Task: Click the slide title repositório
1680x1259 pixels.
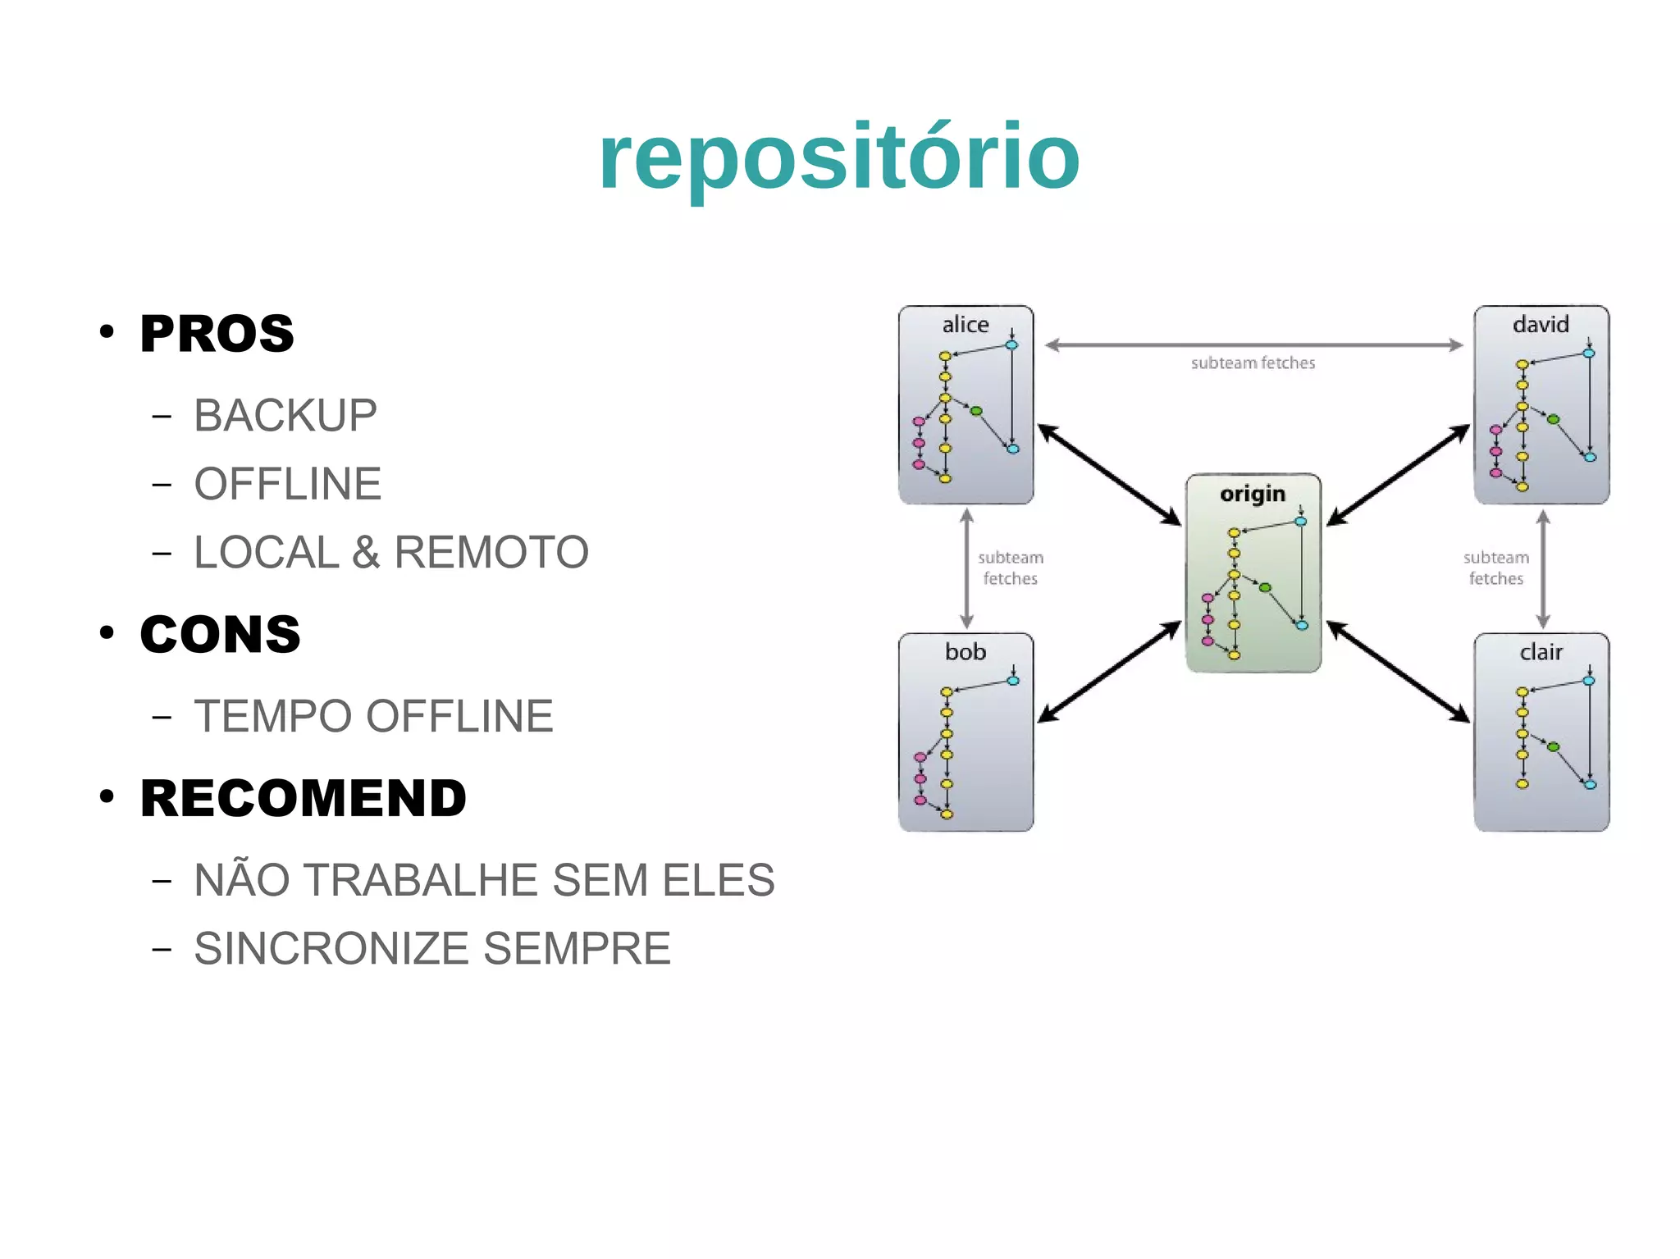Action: point(838,157)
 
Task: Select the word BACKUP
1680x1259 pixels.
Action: point(285,415)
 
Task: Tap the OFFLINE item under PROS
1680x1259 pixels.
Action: point(287,484)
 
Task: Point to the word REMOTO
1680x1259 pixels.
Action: point(491,552)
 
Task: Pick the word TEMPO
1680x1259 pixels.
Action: point(273,716)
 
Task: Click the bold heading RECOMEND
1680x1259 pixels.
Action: point(303,798)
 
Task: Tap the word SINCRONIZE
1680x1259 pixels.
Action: point(331,949)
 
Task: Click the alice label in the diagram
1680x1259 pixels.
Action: point(966,325)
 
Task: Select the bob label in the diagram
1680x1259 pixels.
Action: point(965,652)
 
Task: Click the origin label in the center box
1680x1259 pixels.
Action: point(1252,494)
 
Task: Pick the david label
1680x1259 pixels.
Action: point(1540,325)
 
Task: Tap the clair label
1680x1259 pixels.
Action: point(1541,652)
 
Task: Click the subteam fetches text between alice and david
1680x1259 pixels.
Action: point(1253,363)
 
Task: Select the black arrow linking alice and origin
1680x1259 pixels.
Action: point(1109,475)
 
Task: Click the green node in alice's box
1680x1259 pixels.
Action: point(976,411)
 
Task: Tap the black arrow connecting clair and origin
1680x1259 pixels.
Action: point(1398,672)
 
